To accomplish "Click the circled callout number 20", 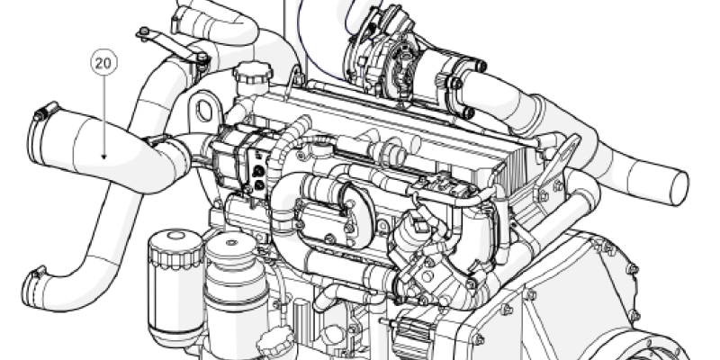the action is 103,63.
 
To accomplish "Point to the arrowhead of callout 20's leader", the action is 103,157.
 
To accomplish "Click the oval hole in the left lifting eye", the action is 204,111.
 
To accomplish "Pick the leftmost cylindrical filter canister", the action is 175,287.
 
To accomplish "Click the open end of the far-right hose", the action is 680,188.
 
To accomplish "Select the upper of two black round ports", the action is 258,171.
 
